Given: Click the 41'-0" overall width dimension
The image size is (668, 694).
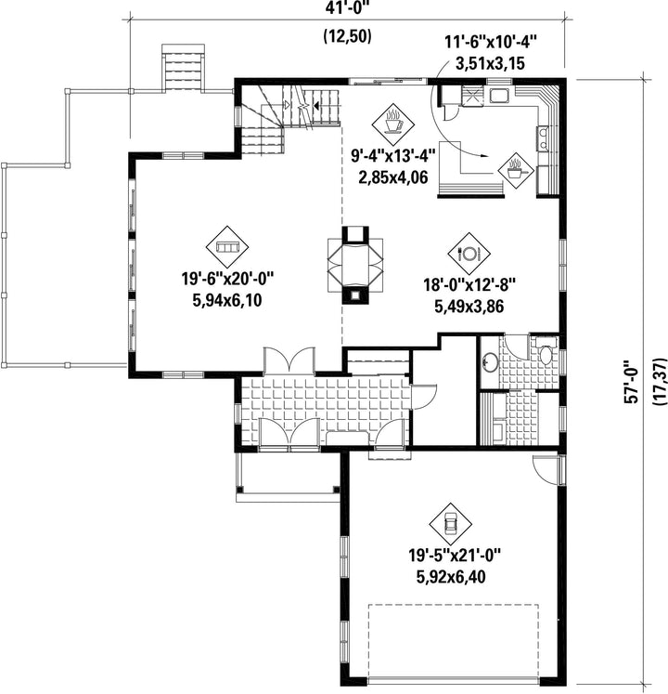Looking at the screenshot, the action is point(347,9).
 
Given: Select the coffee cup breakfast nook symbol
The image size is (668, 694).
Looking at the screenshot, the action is point(393,124).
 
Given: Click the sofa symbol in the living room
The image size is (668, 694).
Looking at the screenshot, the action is point(227,246).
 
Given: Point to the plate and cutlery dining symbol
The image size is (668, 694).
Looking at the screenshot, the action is point(469,254).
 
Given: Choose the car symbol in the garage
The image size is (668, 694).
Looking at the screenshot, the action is point(451,524).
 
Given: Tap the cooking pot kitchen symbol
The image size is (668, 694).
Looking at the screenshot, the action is point(516,171).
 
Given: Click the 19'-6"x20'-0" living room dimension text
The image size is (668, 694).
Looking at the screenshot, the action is point(227,280).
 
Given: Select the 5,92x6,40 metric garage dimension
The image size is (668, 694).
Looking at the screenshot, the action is point(451,577).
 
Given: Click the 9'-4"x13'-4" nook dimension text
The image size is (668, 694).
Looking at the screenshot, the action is point(393,156).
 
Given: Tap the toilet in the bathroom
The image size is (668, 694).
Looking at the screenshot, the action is point(546,352).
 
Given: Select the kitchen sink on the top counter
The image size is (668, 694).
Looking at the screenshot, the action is point(499,95).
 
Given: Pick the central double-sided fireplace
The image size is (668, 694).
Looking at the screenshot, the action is point(355,265).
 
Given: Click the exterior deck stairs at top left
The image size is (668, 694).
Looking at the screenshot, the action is point(184,68).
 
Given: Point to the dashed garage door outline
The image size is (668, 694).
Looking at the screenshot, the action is point(454,641).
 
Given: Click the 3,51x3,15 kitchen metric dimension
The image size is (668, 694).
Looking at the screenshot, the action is point(490,63).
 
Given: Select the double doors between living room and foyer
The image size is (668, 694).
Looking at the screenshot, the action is point(289,360).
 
